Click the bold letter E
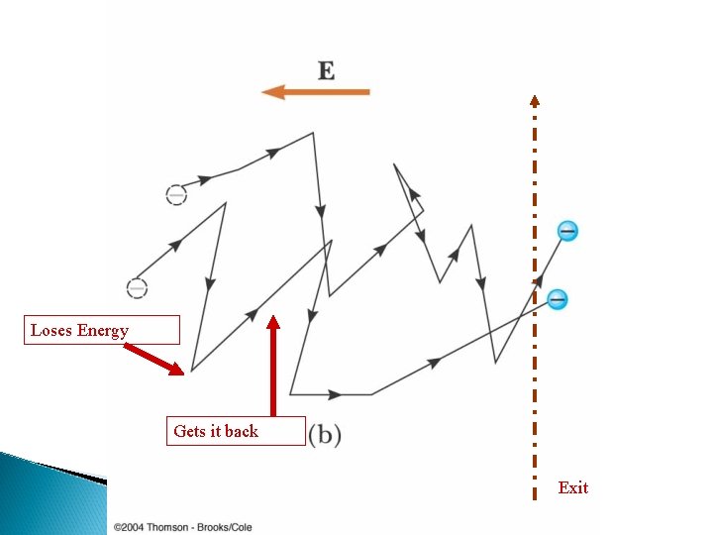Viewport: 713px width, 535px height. (326, 70)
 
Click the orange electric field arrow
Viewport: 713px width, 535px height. (315, 92)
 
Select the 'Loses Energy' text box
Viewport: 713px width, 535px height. (102, 330)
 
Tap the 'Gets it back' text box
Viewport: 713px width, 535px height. (236, 431)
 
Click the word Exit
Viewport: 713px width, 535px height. (572, 487)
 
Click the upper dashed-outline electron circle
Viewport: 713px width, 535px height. (175, 195)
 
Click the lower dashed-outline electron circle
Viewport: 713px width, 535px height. (138, 288)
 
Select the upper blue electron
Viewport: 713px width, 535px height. (567, 232)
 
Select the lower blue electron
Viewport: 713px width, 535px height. (558, 298)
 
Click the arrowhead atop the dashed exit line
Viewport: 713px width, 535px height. (535, 100)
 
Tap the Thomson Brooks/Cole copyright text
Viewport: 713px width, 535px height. (183, 527)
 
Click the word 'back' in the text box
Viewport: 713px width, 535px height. (241, 431)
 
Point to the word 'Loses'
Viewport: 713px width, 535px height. (51, 330)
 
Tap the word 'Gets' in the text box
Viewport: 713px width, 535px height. (189, 431)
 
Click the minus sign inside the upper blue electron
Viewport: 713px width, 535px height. (567, 232)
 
